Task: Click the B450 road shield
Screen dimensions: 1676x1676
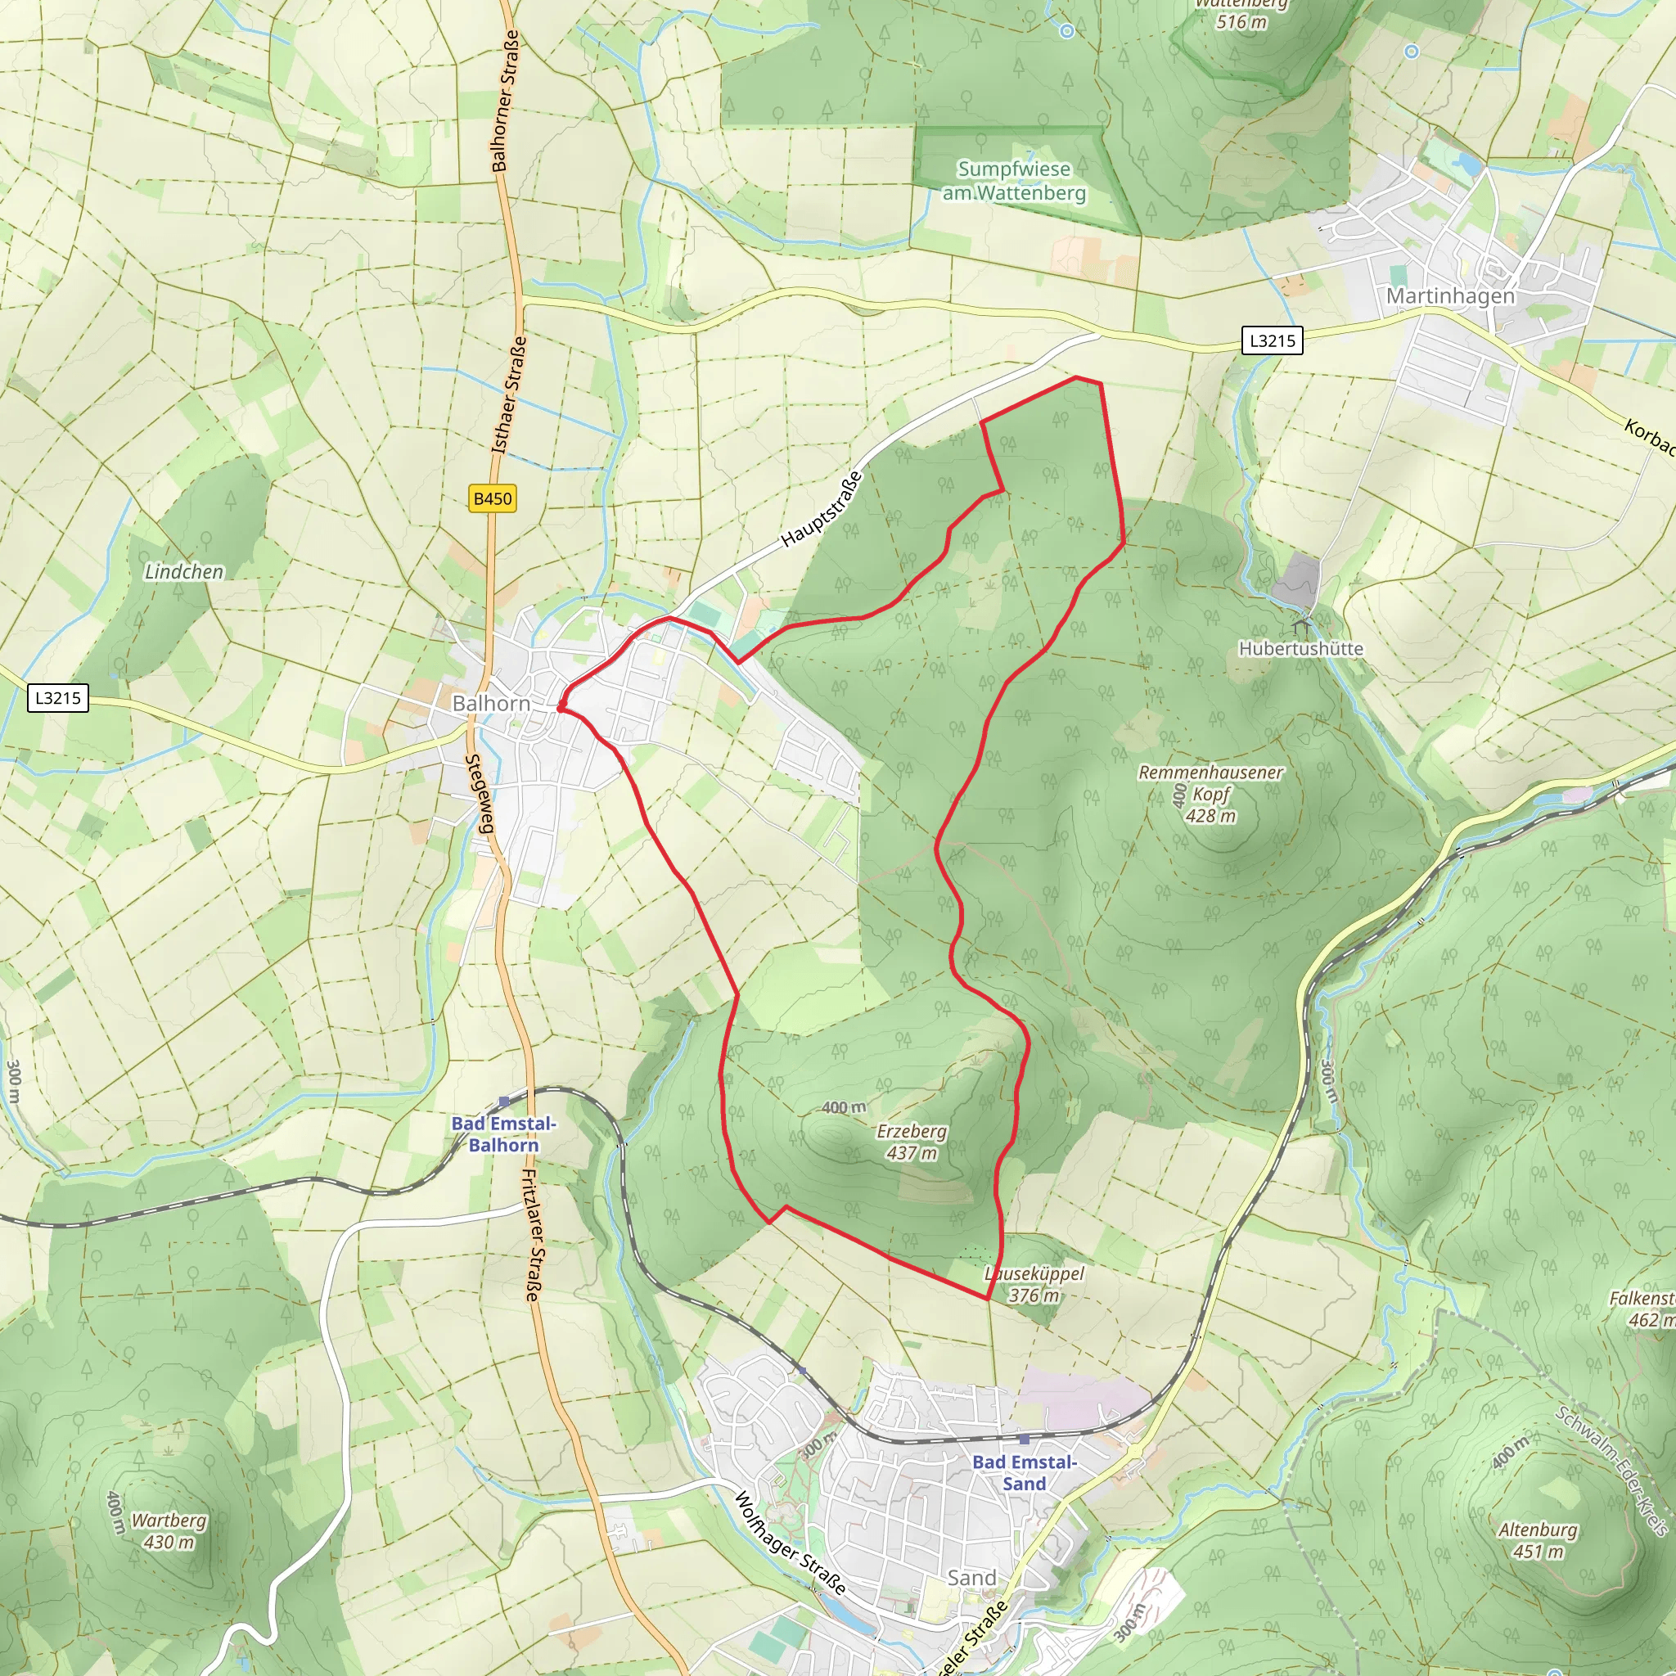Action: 492,499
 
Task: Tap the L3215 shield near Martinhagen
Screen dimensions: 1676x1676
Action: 1272,340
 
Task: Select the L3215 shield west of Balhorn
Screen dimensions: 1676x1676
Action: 58,697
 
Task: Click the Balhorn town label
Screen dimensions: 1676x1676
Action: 491,703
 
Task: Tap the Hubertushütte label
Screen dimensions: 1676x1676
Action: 1300,649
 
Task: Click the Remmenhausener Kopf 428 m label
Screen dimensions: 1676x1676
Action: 1210,794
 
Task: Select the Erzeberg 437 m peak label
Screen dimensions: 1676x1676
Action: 911,1142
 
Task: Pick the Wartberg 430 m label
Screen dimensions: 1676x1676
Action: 169,1531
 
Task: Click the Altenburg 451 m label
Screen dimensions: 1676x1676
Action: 1538,1541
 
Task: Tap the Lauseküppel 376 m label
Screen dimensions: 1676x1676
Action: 1034,1284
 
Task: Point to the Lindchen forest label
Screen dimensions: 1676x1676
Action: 184,572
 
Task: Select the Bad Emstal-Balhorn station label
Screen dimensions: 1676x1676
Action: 503,1133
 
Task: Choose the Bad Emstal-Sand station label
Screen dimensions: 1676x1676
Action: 1025,1472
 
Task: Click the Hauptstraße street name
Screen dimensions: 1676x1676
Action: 822,509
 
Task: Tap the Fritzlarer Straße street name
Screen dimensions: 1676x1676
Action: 532,1237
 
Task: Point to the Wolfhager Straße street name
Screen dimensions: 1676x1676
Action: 790,1544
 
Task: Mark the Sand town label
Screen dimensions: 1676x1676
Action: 971,1578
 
